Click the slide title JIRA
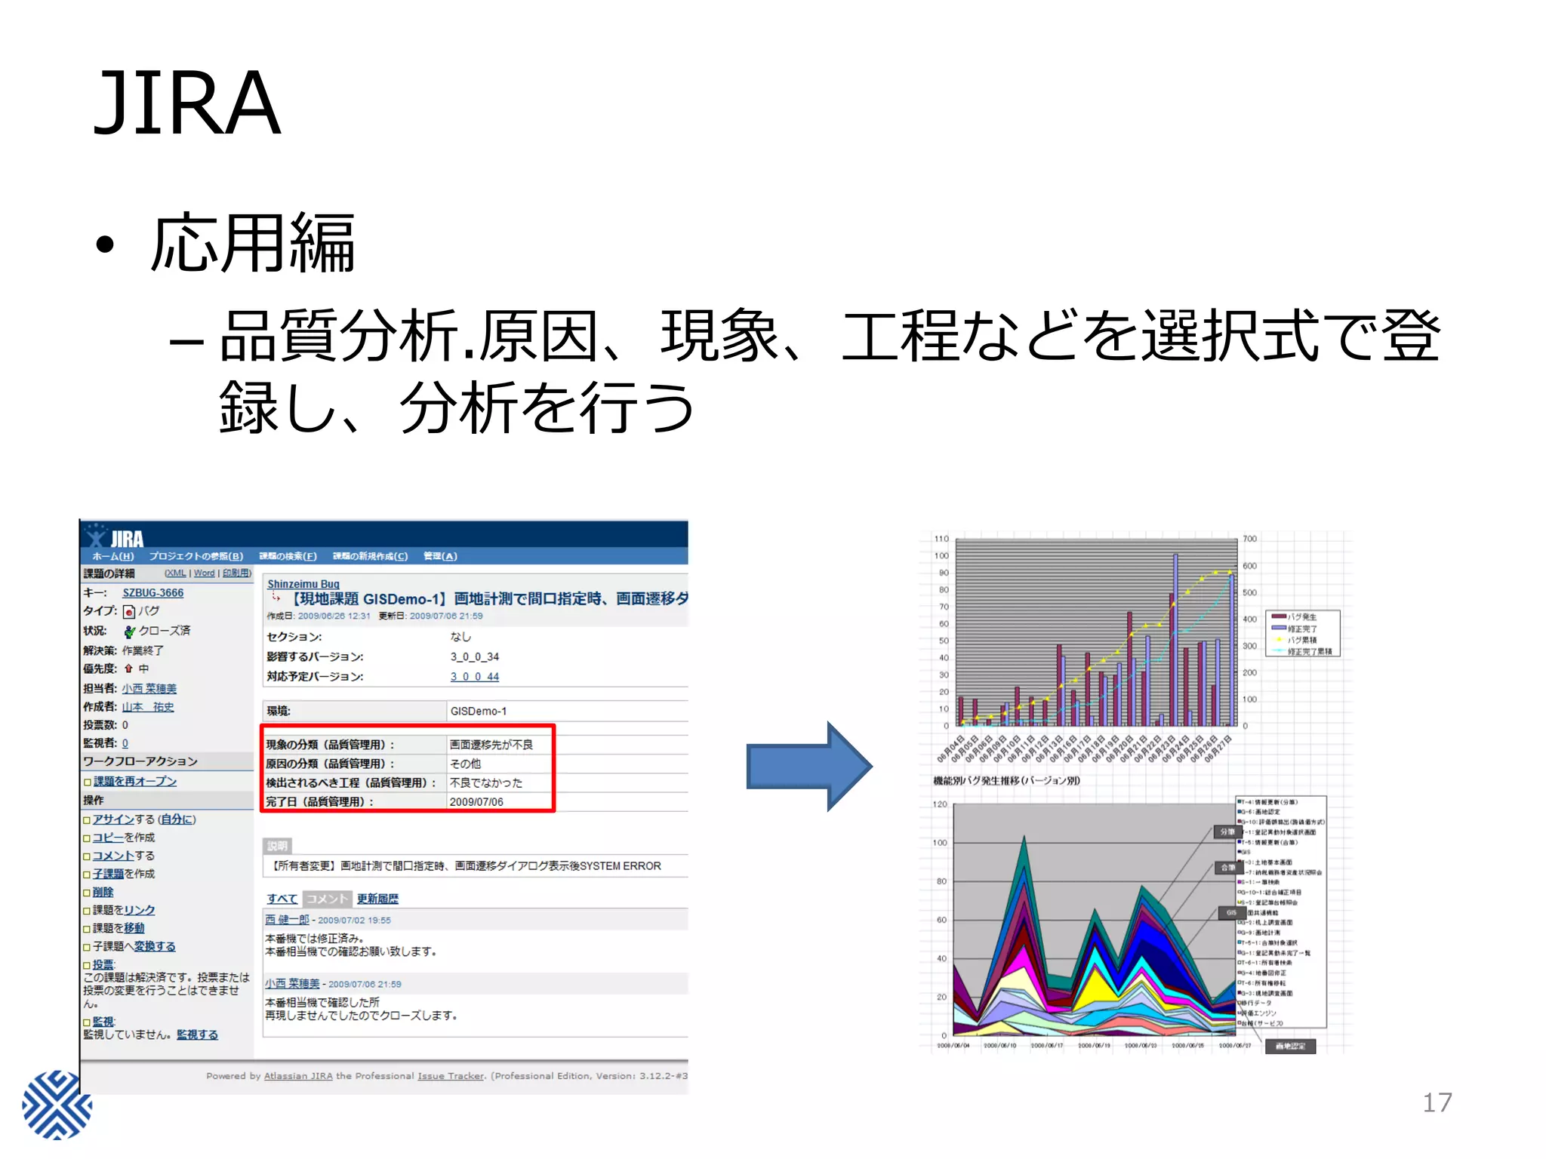(x=186, y=103)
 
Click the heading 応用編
(x=252, y=243)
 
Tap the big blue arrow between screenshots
(x=808, y=766)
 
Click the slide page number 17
(x=1437, y=1102)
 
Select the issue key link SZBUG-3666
(x=152, y=593)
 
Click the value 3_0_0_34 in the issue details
(x=474, y=656)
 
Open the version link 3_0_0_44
(x=474, y=677)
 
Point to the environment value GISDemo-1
(x=479, y=711)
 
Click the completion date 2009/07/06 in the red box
(x=476, y=801)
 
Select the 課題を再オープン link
(x=134, y=781)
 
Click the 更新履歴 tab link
(x=377, y=899)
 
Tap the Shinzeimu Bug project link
(x=303, y=584)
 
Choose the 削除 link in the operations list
(x=103, y=892)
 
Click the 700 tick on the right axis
(x=1250, y=539)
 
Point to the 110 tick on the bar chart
(x=941, y=539)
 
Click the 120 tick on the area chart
(x=940, y=804)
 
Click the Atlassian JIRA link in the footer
(x=298, y=1076)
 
